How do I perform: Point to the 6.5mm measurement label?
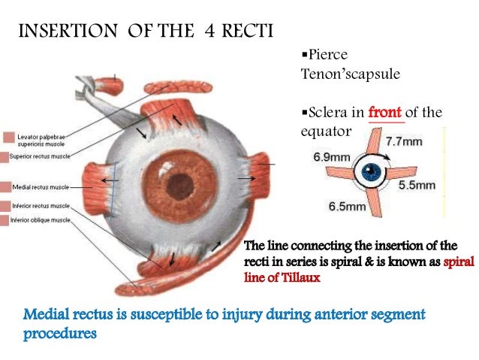coord(347,205)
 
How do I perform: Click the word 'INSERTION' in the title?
coord(61,32)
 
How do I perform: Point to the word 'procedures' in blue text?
coord(60,332)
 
